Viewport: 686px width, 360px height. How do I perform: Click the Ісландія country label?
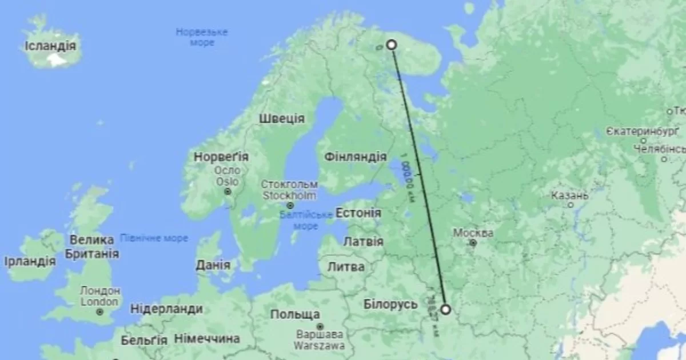tap(50, 46)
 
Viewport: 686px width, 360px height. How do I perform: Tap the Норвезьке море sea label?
tap(201, 37)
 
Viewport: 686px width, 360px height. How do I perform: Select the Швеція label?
tap(281, 119)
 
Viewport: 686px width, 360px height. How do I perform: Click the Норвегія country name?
tap(221, 157)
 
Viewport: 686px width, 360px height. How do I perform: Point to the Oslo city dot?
tap(228, 191)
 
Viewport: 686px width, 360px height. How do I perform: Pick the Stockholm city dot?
tap(290, 205)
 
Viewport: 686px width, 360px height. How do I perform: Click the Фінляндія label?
tap(355, 157)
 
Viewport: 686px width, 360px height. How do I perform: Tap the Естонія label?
tap(358, 213)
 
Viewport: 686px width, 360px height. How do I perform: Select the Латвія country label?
tap(363, 241)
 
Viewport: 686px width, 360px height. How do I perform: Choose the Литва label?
tap(346, 267)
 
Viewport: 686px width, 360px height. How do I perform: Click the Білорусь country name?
tap(391, 304)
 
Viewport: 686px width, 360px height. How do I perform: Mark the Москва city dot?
tap(473, 243)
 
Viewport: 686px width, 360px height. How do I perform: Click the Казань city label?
tap(569, 196)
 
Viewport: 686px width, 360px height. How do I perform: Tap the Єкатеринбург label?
tap(643, 132)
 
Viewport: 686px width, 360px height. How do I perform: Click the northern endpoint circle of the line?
tap(392, 45)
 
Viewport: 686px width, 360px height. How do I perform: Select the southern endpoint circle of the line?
tap(445, 310)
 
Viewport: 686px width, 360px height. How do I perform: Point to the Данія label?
tap(213, 265)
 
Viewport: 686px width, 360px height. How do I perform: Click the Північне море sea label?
tap(154, 238)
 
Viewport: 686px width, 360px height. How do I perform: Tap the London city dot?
tap(100, 312)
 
